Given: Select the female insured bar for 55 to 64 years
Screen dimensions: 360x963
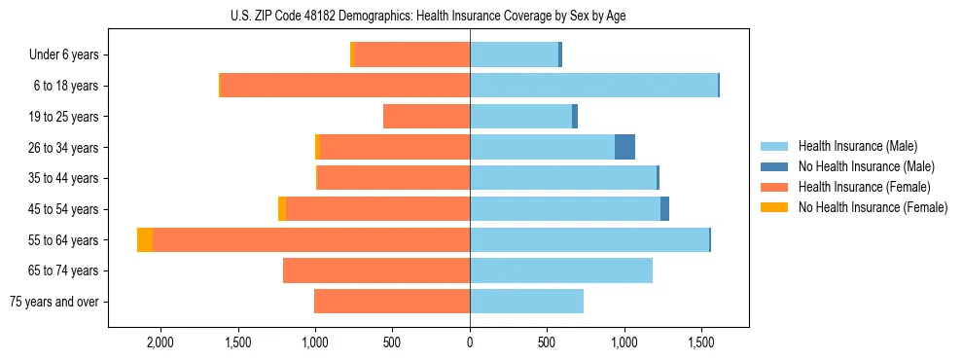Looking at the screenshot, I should point(311,240).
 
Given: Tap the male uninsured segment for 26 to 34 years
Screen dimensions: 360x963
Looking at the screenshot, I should point(624,147).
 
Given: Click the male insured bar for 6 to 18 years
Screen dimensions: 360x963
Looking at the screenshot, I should point(593,86).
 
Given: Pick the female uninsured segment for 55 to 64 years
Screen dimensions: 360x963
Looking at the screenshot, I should point(145,240).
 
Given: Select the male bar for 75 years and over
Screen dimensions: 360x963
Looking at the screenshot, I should point(526,302).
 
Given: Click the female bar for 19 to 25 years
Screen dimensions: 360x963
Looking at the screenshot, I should point(426,117).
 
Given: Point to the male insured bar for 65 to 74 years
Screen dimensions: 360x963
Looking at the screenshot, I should point(561,270).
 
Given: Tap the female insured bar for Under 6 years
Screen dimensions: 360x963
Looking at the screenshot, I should point(411,54).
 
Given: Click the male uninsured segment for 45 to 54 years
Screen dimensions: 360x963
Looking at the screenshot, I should point(664,209).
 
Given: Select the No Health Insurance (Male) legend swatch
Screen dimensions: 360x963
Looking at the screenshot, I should point(775,166).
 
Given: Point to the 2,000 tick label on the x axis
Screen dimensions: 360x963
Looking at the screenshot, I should point(160,343).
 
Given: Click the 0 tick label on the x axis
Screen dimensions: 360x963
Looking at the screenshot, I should point(470,343).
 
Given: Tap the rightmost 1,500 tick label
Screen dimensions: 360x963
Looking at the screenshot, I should point(701,343).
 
